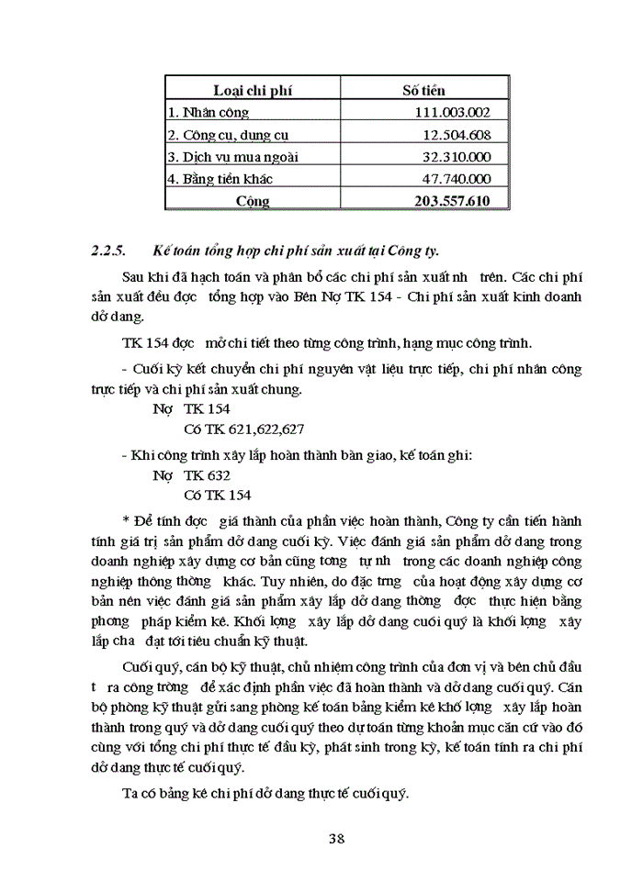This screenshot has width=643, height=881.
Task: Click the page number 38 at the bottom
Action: click(336, 838)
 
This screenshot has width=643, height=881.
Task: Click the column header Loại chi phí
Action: click(253, 91)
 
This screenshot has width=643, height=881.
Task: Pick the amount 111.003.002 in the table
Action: click(453, 113)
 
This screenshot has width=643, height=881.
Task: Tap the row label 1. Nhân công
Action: click(209, 113)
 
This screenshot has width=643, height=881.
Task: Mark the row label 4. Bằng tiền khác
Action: click(220, 179)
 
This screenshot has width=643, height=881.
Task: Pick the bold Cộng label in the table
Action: click(253, 201)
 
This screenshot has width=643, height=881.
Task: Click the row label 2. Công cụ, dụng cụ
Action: click(221, 135)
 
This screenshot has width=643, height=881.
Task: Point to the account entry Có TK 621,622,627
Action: click(244, 429)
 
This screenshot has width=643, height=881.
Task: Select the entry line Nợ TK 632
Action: click(191, 475)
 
